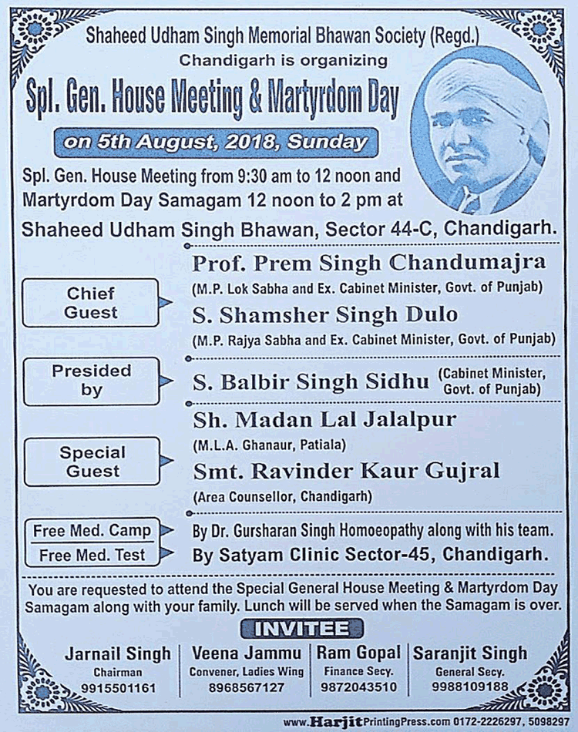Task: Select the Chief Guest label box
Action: coord(91,303)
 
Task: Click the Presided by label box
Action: coord(91,380)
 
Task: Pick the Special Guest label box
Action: coord(91,461)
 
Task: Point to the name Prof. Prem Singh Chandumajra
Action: coord(368,263)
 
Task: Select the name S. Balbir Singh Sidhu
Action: coord(308,381)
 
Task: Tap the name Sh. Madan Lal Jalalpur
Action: coord(324,420)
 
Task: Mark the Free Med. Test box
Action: coord(92,554)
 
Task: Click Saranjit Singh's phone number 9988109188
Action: coord(470,687)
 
